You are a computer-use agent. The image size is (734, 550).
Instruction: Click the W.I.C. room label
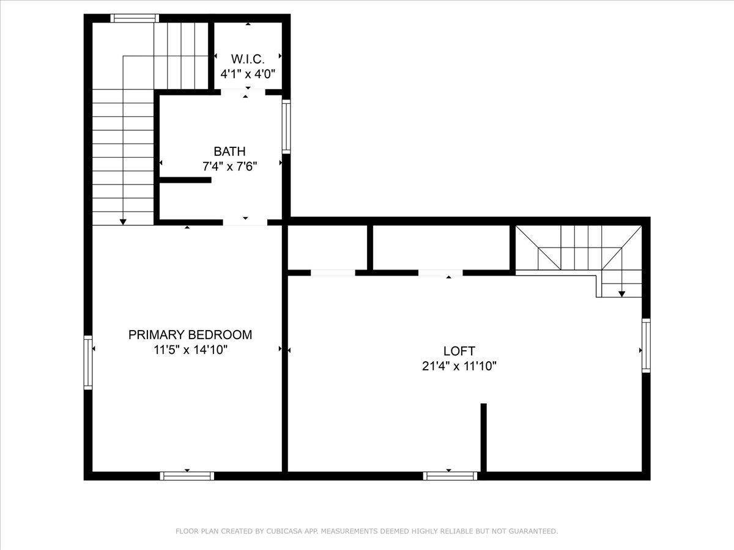click(x=248, y=59)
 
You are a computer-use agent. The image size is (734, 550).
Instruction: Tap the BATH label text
click(x=229, y=152)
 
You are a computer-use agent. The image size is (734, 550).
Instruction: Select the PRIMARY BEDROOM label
click(x=190, y=335)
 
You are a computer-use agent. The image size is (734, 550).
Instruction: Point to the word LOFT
click(x=459, y=351)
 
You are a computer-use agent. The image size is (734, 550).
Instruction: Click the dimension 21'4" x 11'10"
click(x=459, y=366)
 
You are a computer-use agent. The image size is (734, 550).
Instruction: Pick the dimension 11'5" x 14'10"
click(x=191, y=350)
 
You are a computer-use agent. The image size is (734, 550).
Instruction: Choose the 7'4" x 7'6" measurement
click(x=230, y=166)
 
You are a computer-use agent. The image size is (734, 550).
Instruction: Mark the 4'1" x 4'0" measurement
click(x=248, y=74)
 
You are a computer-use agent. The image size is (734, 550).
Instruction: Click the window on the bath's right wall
click(x=286, y=127)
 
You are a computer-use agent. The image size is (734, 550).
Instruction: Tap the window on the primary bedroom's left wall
click(x=88, y=362)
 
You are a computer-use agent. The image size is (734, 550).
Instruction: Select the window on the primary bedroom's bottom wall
click(x=187, y=476)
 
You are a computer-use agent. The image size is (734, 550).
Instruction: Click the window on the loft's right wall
click(x=646, y=345)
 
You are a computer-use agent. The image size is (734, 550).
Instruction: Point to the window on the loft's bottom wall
click(x=450, y=476)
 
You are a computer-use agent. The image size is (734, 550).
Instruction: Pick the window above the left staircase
click(x=135, y=18)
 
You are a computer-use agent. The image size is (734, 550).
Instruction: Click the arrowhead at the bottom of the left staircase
click(x=123, y=222)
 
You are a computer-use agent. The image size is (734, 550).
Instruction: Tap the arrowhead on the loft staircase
click(x=621, y=294)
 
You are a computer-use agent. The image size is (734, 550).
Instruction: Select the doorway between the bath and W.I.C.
click(x=243, y=92)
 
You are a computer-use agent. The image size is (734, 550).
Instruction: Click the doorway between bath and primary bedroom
click(x=245, y=222)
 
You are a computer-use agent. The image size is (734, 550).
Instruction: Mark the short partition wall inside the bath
click(x=185, y=180)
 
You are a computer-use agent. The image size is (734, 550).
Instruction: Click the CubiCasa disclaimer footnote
click(x=367, y=531)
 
